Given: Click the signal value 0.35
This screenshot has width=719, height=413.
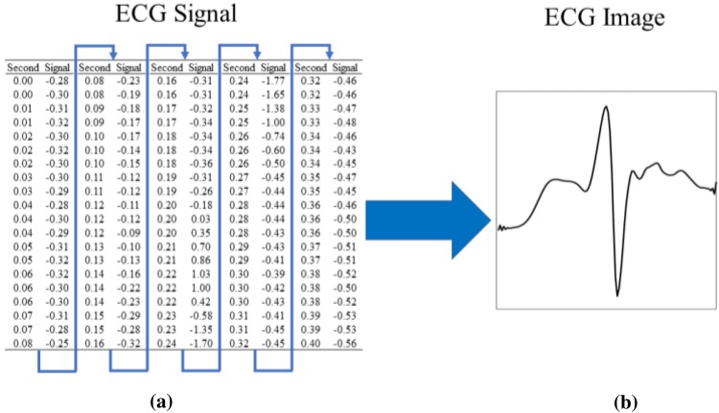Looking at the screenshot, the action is (x=199, y=232).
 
